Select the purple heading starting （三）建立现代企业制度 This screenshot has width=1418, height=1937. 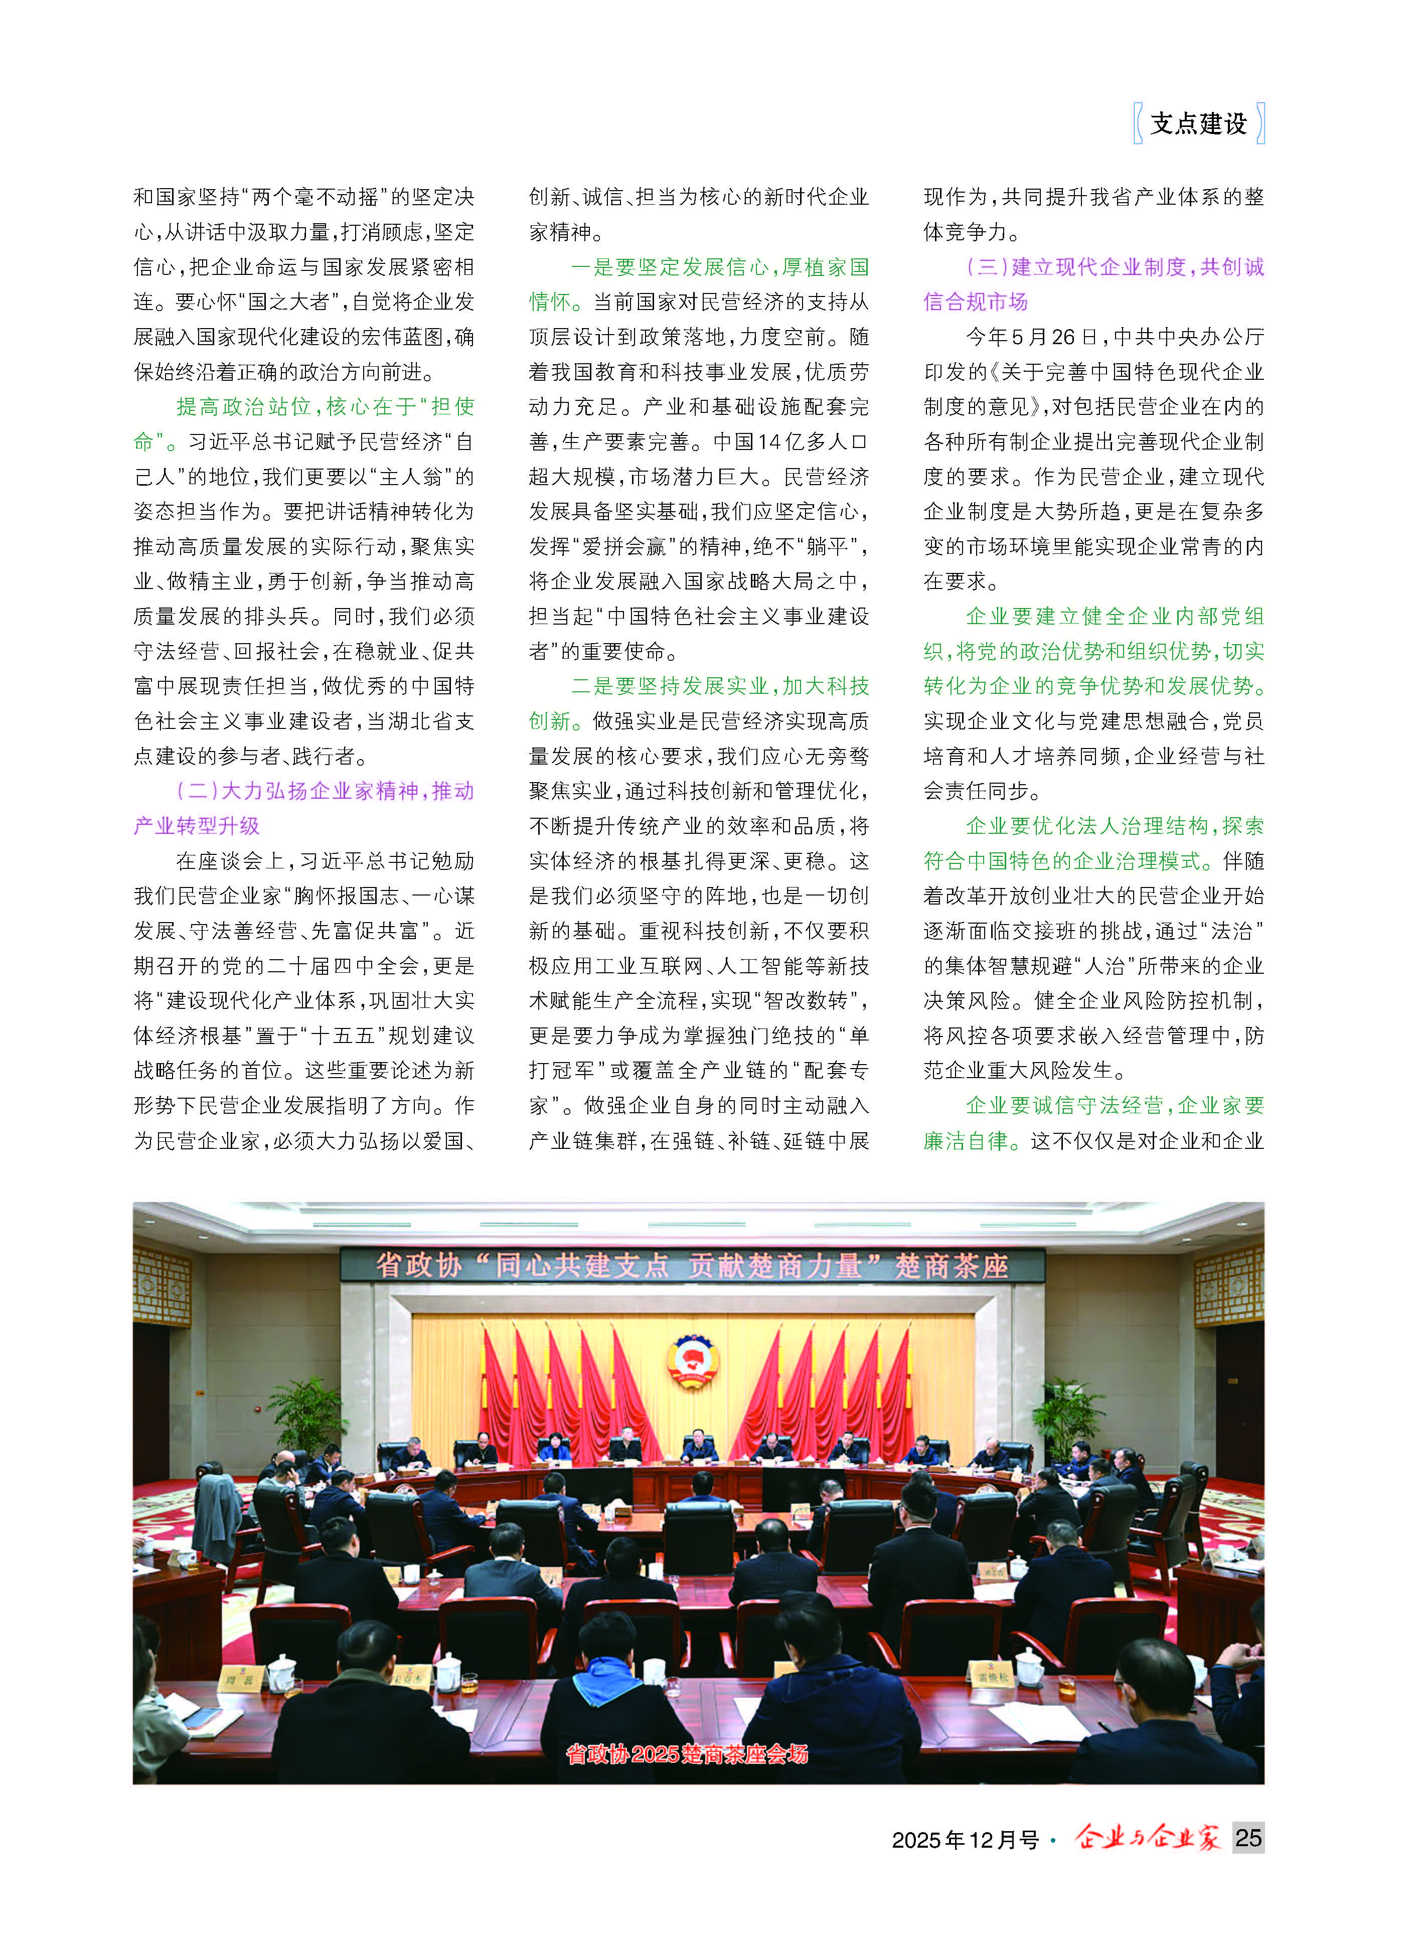[x=1114, y=267]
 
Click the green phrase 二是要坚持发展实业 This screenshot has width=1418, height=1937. [x=670, y=686]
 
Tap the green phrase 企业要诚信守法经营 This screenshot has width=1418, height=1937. [x=1064, y=1105]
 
